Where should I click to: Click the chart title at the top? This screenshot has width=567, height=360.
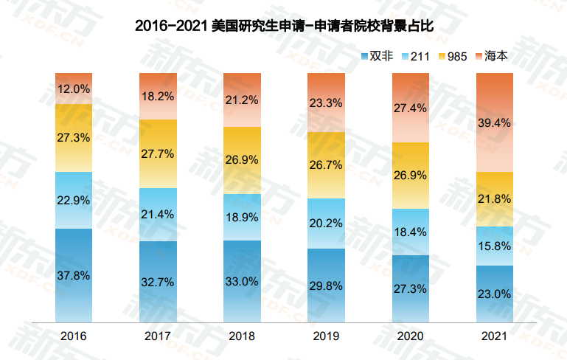[x=283, y=25]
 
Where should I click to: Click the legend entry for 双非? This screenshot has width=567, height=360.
[x=375, y=56]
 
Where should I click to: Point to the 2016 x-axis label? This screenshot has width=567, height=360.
[x=74, y=336]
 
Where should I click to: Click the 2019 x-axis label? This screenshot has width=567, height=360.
[x=326, y=336]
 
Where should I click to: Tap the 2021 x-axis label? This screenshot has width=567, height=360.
[x=494, y=336]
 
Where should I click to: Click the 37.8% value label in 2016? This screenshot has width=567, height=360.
[x=74, y=275]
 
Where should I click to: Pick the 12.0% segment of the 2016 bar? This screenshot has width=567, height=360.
[x=74, y=89]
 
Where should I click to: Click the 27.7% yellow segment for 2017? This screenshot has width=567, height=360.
[x=158, y=153]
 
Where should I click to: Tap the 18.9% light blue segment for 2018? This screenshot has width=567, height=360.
[x=242, y=217]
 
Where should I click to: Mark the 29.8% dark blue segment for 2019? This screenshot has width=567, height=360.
[x=326, y=285]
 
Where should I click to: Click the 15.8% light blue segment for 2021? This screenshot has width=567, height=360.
[x=494, y=246]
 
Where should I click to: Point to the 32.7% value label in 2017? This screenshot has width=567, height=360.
[x=158, y=281]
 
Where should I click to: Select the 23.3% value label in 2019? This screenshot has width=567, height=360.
[x=326, y=103]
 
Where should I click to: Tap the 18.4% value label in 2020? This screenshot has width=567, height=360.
[x=410, y=232]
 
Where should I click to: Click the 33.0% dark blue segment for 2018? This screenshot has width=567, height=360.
[x=242, y=281]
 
